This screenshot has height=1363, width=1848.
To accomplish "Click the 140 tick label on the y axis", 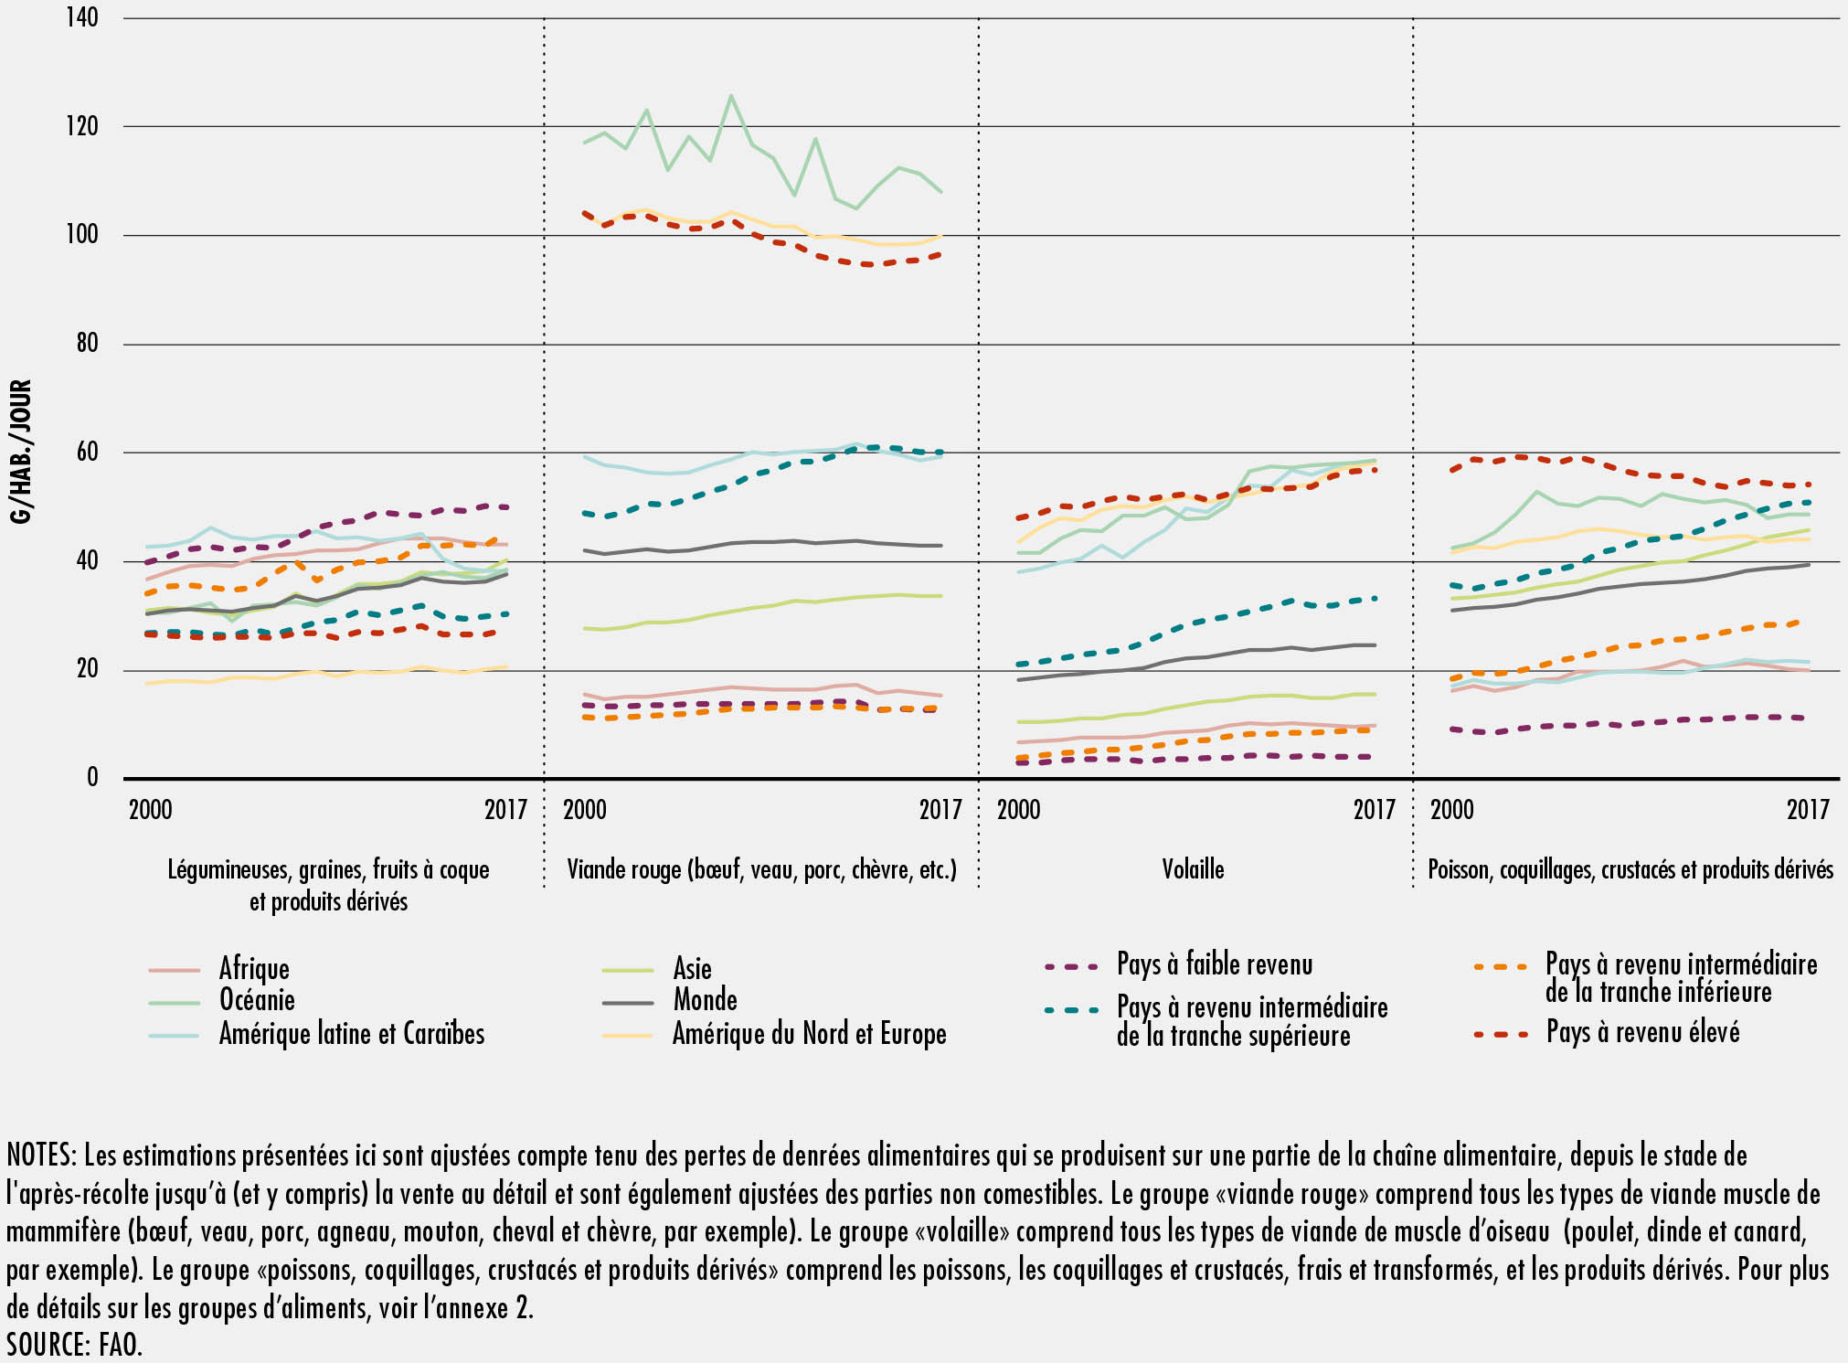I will [82, 17].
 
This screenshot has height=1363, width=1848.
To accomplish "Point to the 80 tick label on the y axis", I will [86, 344].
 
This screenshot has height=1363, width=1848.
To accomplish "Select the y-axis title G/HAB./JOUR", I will [21, 452].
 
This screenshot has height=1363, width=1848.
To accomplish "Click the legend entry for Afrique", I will [254, 968].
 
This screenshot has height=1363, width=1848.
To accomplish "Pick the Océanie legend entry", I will [257, 1000].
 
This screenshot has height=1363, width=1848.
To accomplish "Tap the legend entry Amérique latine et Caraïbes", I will [352, 1034].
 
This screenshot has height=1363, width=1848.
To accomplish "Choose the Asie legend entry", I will [692, 968].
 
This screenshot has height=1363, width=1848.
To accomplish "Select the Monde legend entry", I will [705, 1000].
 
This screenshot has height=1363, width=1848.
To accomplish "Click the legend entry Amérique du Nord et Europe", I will [809, 1034].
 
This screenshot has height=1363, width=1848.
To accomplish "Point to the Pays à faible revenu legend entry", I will [1215, 964].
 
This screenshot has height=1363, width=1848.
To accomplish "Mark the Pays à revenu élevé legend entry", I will [1642, 1033].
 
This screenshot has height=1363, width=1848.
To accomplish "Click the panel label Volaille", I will [1193, 869].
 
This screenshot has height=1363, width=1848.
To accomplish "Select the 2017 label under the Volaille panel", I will [1374, 810].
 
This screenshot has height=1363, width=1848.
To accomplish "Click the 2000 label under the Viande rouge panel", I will [585, 810].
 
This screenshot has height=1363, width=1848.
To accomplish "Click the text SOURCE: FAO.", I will [75, 1344].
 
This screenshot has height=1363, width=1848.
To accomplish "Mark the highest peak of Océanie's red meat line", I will [730, 94].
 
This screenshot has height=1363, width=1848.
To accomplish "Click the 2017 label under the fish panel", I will [1808, 810].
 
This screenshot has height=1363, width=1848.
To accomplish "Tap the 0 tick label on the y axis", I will [92, 778].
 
